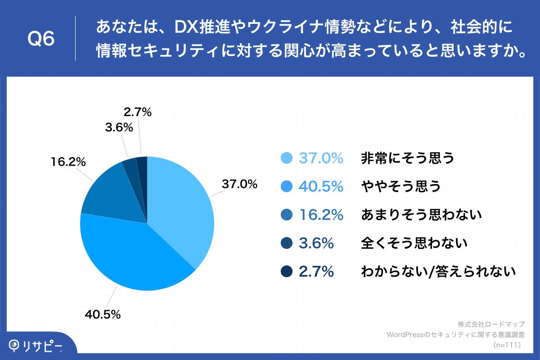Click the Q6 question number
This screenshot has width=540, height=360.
(41, 39)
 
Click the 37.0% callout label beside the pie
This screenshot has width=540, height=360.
(239, 184)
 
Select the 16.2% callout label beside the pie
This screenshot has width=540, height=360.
(68, 162)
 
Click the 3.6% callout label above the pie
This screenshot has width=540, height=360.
(119, 128)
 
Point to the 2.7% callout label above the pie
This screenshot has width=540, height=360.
(137, 112)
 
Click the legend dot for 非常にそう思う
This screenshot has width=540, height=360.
(286, 158)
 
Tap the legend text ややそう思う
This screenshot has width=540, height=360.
(401, 186)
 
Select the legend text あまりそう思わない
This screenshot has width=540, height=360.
(421, 215)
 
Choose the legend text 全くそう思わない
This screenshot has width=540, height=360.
(414, 243)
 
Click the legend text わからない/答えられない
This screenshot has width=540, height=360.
(438, 272)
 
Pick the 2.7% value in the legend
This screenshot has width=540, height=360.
(316, 272)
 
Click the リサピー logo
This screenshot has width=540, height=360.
(36, 346)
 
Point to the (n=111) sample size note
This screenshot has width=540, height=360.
(507, 345)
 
